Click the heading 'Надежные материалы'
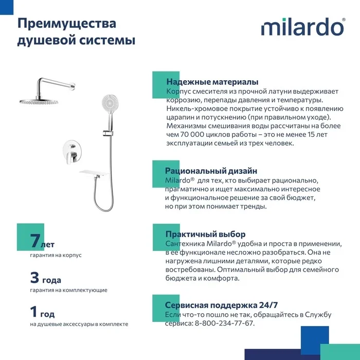click(212, 82)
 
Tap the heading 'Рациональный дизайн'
click(211, 171)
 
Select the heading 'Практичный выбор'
click(205, 234)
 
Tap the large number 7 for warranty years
click(35, 241)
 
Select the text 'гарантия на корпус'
click(56, 255)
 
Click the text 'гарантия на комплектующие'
click(68, 290)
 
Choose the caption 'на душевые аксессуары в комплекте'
click(79, 324)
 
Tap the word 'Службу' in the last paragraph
click(317, 314)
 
